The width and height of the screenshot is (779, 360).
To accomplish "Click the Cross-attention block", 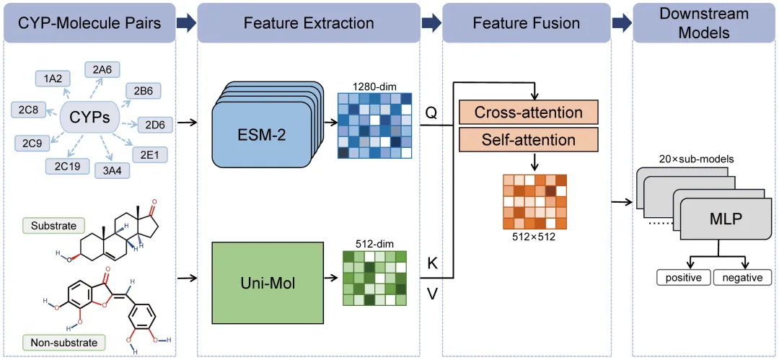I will click(x=529, y=113).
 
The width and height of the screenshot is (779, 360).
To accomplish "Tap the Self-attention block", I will click(x=529, y=138).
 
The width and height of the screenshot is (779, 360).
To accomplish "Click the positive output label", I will click(x=682, y=278).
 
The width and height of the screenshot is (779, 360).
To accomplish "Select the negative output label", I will click(x=742, y=278).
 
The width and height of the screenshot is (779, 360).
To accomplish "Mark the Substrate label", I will click(x=53, y=226).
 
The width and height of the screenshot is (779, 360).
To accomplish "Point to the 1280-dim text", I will click(x=371, y=87).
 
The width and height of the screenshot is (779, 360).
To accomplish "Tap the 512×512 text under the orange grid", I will click(x=533, y=234).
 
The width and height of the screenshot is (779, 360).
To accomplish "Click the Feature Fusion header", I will click(x=526, y=22).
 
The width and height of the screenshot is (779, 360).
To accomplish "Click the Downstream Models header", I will click(x=704, y=22).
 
